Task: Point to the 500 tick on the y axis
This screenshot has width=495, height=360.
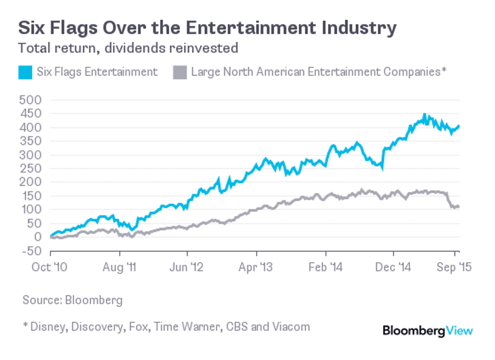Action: (x=31, y=100)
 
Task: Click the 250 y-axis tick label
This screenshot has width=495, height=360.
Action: (x=31, y=169)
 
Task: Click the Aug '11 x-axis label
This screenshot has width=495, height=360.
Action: (x=119, y=267)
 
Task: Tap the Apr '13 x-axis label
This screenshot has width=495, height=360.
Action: (x=256, y=267)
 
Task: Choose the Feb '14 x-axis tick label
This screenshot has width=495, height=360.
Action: (x=326, y=267)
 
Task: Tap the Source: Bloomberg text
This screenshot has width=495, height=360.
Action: (x=72, y=300)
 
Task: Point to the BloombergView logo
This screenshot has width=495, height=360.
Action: (x=427, y=331)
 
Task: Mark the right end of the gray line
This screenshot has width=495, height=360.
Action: (x=458, y=207)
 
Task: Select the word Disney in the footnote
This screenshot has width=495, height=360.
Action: (x=48, y=327)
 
